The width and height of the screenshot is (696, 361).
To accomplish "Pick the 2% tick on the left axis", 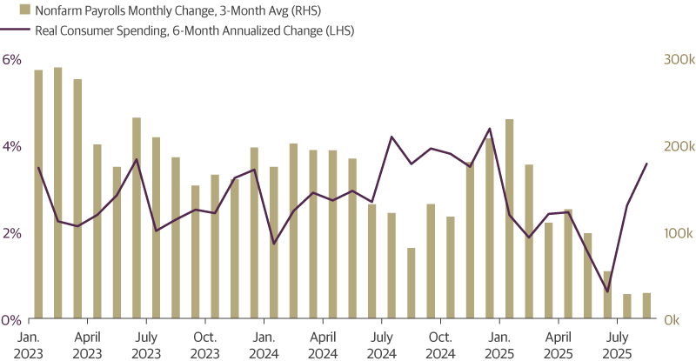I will click(x=11, y=233).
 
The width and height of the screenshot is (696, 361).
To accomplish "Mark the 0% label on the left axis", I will click(x=11, y=319).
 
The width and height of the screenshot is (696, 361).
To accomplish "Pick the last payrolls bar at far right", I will click(x=646, y=305).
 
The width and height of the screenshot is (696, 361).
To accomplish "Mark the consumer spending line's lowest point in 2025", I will click(x=607, y=291).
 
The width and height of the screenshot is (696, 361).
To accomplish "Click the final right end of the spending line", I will click(x=646, y=164).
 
